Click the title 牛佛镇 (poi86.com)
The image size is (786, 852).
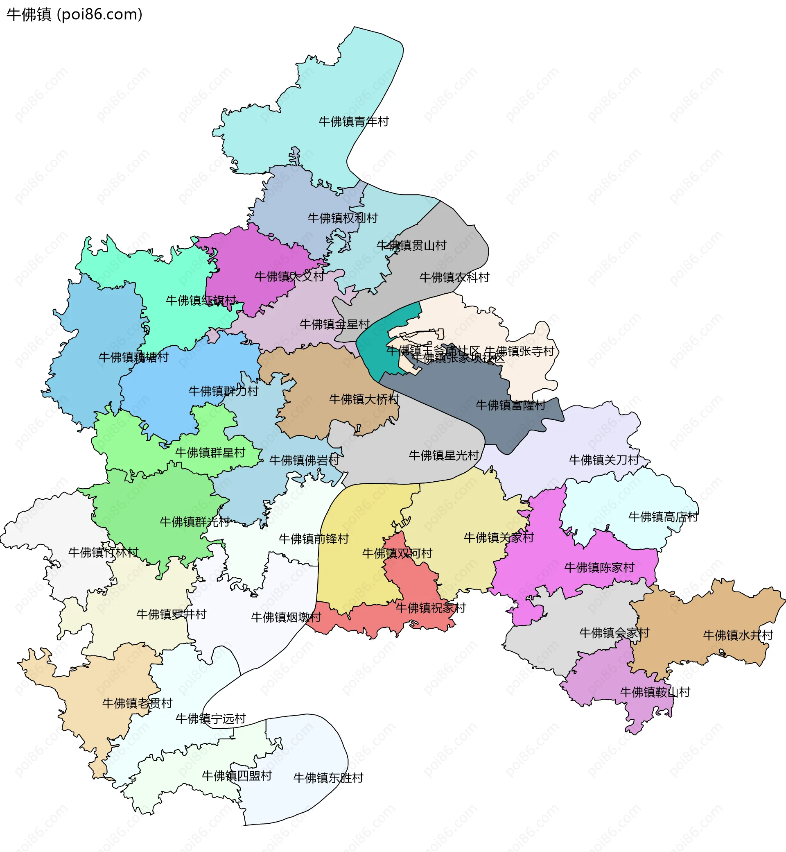pyautogui.click(x=75, y=14)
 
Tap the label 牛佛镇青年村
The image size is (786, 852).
pyautogui.click(x=353, y=122)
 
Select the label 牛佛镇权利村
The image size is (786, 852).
pyautogui.click(x=342, y=218)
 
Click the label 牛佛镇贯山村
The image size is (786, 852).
pyautogui.click(x=411, y=245)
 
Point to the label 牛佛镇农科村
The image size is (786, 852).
pyautogui.click(x=454, y=278)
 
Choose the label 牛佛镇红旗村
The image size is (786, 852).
pyautogui.click(x=201, y=301)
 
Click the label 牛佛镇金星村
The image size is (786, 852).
pyautogui.click(x=335, y=325)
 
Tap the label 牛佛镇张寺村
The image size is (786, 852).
pyautogui.click(x=519, y=351)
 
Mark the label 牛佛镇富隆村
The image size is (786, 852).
pyautogui.click(x=510, y=406)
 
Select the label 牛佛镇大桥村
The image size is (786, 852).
pyautogui.click(x=364, y=400)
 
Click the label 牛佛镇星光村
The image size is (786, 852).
pyautogui.click(x=444, y=456)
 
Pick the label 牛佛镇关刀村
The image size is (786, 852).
pyautogui.click(x=604, y=460)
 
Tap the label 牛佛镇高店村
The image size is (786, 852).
pyautogui.click(x=664, y=517)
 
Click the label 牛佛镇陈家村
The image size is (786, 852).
pyautogui.click(x=599, y=568)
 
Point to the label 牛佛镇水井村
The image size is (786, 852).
pyautogui.click(x=738, y=636)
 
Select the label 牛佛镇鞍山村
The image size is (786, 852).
pyautogui.click(x=655, y=693)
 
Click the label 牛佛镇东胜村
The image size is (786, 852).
pyautogui.click(x=328, y=778)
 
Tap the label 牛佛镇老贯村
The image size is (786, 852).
pyautogui.click(x=138, y=703)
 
